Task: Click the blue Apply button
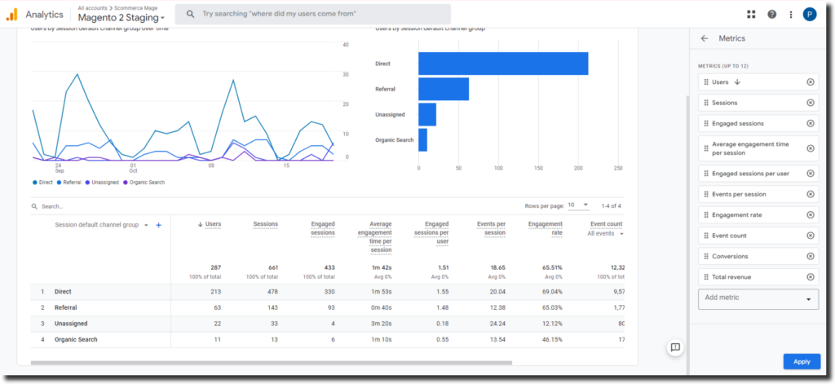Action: pyautogui.click(x=802, y=361)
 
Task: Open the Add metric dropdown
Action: pyautogui.click(x=758, y=298)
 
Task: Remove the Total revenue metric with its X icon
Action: pyautogui.click(x=810, y=277)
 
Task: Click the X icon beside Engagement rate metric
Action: pyautogui.click(x=810, y=215)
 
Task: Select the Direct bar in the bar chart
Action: pyautogui.click(x=503, y=64)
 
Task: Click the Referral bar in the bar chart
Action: pyautogui.click(x=444, y=89)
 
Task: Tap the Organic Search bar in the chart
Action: pyautogui.click(x=422, y=140)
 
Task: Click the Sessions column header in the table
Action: pyautogui.click(x=265, y=223)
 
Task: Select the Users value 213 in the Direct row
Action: pyautogui.click(x=214, y=291)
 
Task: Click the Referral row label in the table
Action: pyautogui.click(x=66, y=307)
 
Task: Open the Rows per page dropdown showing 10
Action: pyautogui.click(x=578, y=205)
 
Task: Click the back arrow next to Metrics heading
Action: pyautogui.click(x=705, y=38)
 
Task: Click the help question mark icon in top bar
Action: pyautogui.click(x=771, y=14)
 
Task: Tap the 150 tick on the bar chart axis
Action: pyautogui.click(x=538, y=169)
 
